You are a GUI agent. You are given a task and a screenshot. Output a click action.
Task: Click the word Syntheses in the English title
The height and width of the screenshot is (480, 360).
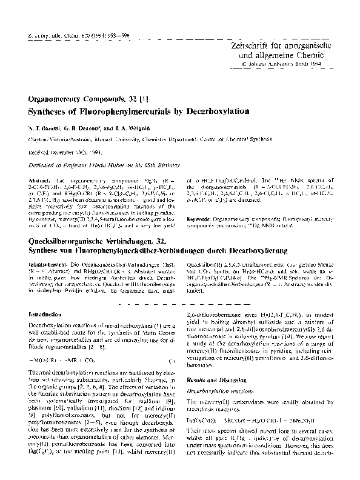[x=49, y=112]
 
